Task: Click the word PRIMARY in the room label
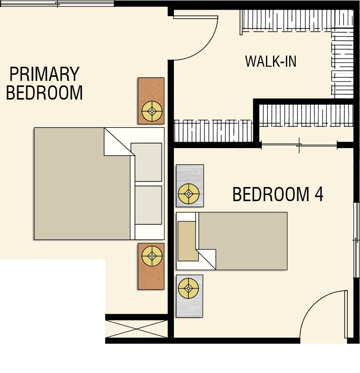tap(44, 74)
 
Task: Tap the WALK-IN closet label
tap(271, 61)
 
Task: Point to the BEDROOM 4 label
tap(278, 195)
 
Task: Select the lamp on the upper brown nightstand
tap(152, 111)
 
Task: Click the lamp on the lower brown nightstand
tap(152, 256)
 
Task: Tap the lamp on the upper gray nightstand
tap(189, 194)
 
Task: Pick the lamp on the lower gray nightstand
tap(189, 288)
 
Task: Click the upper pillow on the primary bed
tap(146, 162)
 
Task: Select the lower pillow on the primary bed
tap(149, 205)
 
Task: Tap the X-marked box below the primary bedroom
tap(137, 329)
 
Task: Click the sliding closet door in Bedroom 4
tap(299, 145)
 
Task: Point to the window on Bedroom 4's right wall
tap(356, 240)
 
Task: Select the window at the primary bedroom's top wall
tap(57, 4)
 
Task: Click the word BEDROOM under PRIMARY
tap(44, 92)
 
